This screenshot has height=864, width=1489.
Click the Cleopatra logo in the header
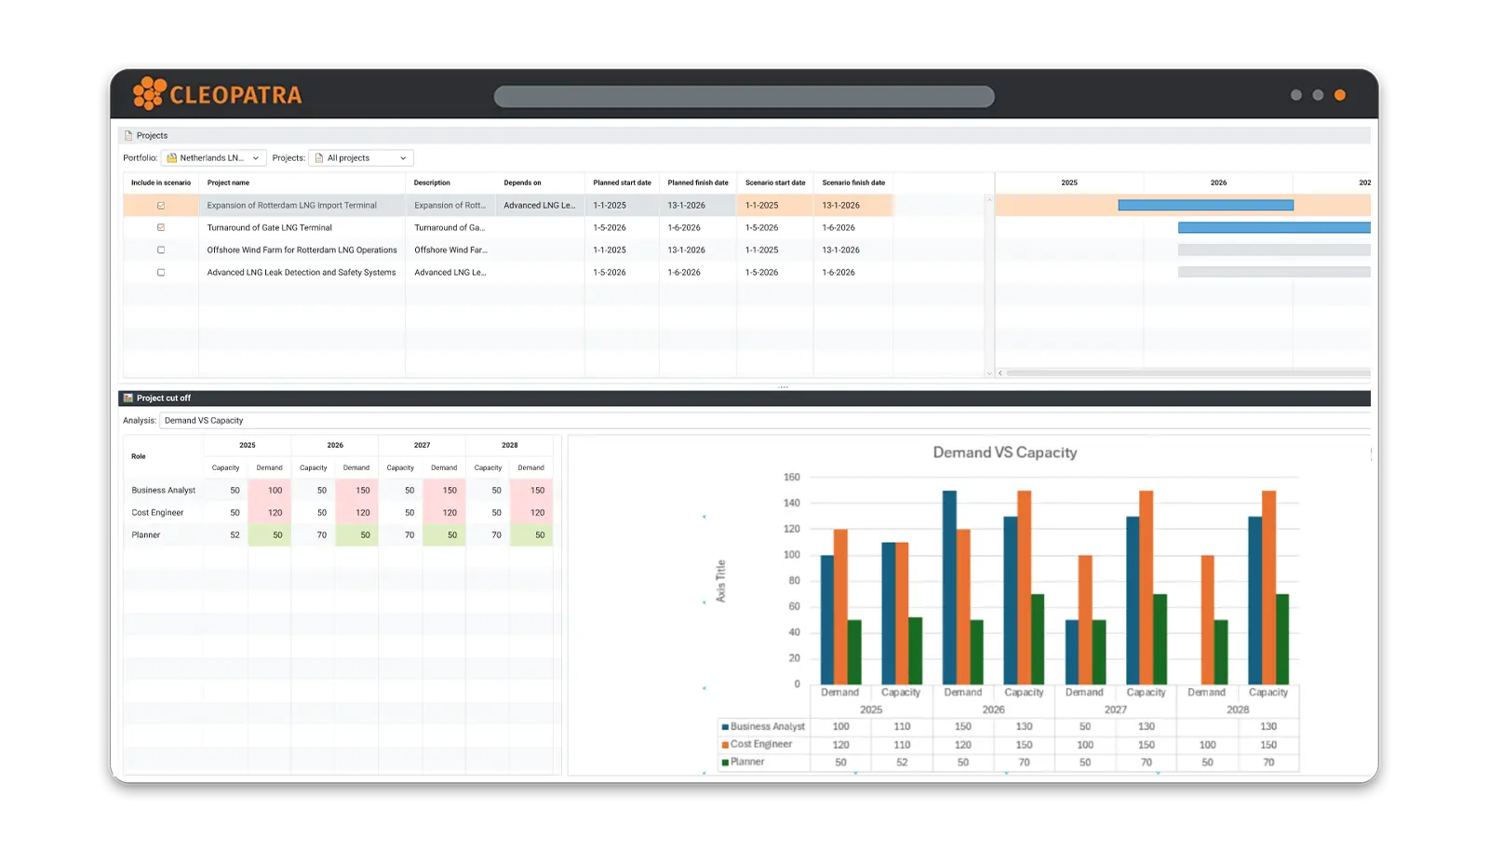(218, 94)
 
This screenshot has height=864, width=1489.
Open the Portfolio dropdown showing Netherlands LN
(213, 158)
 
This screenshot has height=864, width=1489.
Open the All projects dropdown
(360, 158)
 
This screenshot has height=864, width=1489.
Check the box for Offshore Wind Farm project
(161, 250)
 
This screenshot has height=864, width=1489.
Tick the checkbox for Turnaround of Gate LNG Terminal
(161, 228)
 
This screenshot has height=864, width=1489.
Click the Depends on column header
(522, 182)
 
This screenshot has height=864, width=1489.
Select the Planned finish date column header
(697, 182)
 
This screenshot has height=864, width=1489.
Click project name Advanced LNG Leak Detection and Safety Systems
(301, 273)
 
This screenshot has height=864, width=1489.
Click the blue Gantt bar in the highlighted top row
(1205, 206)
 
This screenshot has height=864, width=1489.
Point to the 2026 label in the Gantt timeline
(1218, 182)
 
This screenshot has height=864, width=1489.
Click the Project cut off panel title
(164, 398)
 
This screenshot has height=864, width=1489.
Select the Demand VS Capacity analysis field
(204, 421)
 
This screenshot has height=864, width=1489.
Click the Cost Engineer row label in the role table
(157, 513)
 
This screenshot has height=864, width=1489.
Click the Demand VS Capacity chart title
(1004, 452)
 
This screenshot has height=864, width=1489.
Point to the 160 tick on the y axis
(792, 478)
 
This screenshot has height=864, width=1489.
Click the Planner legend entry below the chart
(746, 763)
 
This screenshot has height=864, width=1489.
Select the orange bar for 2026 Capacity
(1024, 587)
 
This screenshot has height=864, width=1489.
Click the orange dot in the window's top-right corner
(1339, 95)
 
